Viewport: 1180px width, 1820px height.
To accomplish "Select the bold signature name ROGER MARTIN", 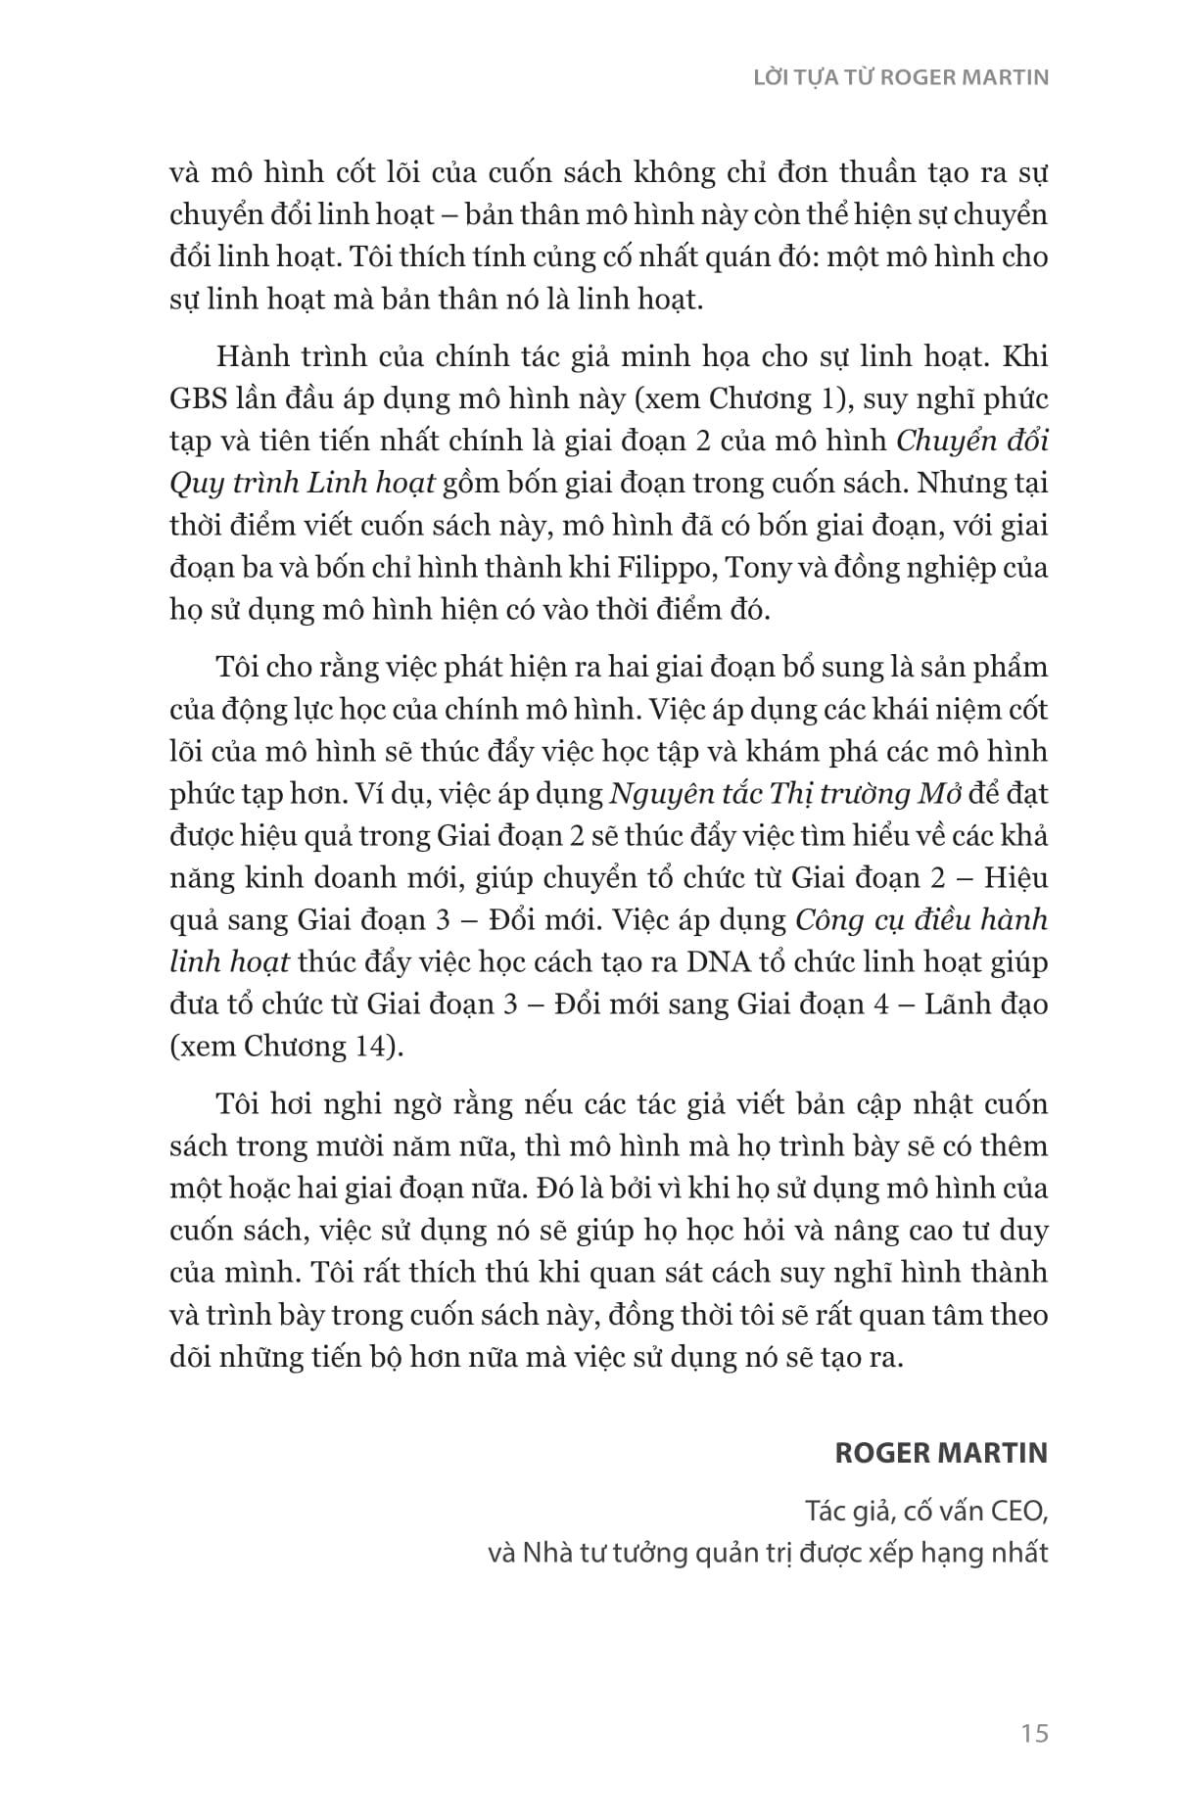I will coord(940,1452).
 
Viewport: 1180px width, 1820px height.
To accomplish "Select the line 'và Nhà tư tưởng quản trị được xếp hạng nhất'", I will coord(768,1553).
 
